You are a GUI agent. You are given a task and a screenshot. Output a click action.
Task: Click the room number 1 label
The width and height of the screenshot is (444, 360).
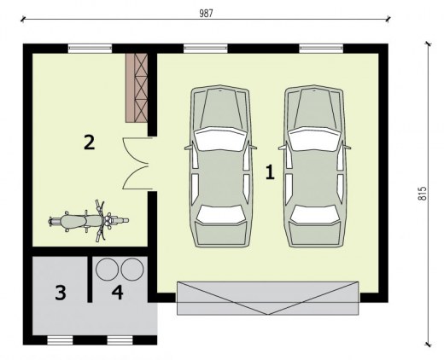[x=270, y=172]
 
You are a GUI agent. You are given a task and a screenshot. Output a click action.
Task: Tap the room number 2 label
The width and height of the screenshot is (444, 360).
[x=89, y=142]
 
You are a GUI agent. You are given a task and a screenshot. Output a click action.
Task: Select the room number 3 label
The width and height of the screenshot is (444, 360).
[x=61, y=293]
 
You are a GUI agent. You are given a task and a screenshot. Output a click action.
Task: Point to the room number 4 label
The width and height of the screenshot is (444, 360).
[x=118, y=293]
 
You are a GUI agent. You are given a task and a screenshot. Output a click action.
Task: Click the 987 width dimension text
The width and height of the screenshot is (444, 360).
[x=206, y=14]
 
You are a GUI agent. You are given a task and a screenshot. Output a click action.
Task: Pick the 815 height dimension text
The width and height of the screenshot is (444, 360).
[x=423, y=194]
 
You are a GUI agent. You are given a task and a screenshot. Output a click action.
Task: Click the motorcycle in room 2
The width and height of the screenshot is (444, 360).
[x=89, y=221]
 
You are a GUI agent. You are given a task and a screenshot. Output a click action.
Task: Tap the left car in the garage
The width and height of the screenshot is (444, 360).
[x=220, y=166]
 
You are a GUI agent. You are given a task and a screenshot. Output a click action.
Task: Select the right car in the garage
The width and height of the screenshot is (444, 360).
[x=314, y=166]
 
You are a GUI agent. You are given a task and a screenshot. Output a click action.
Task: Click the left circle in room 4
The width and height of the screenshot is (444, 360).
[x=107, y=269]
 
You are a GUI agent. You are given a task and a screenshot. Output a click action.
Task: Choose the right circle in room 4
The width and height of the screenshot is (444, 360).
[x=132, y=269]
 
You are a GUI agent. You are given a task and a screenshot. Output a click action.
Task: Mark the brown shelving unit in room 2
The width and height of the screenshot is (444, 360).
[x=137, y=88]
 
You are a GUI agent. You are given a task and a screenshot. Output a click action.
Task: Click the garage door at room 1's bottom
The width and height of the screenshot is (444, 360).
[x=268, y=298]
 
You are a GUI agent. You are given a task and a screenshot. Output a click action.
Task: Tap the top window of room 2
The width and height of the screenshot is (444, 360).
[x=90, y=49]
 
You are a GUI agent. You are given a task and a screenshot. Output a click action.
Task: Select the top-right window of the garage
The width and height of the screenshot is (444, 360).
[x=321, y=49]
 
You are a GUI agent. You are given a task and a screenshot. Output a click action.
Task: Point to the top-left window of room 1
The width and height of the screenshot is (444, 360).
[x=206, y=49]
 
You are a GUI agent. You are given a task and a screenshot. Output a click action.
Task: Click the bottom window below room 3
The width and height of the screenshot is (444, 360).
[x=60, y=340]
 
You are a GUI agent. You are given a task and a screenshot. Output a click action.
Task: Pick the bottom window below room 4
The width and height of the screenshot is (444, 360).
[x=120, y=340]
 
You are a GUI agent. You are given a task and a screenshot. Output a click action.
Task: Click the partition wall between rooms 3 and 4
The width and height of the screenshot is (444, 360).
[x=90, y=279]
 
